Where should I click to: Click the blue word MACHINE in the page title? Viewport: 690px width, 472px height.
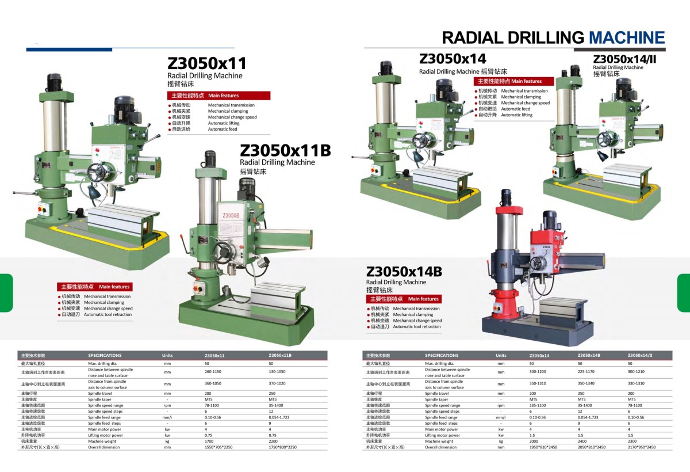[x=627, y=38]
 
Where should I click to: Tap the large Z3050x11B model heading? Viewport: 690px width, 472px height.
[x=285, y=150]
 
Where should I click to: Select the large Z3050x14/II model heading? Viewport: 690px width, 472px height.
[x=624, y=59]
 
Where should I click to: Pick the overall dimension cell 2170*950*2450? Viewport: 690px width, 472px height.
[x=641, y=447]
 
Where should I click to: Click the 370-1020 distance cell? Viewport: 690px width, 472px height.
[x=277, y=384]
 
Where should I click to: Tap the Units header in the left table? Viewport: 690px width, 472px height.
[x=167, y=355]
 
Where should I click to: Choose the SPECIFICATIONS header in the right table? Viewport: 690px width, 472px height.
[x=442, y=355]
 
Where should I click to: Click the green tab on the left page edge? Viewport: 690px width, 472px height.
[x=6, y=293]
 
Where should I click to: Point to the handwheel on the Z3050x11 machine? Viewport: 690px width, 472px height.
[x=97, y=170]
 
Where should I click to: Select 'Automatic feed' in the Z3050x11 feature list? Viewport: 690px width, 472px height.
[x=223, y=130]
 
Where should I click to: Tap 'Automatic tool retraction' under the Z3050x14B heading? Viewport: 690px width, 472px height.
[x=417, y=327]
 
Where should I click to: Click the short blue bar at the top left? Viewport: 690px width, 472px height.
[x=69, y=50]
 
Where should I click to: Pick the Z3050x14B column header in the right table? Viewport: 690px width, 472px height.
[x=589, y=355]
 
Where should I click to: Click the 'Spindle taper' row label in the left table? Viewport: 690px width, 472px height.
[x=99, y=399]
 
